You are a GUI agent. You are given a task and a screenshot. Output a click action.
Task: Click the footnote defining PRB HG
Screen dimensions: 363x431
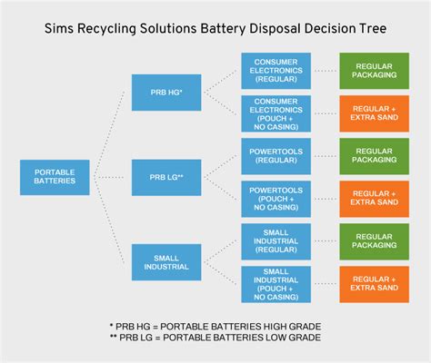pyautogui.click(x=215, y=324)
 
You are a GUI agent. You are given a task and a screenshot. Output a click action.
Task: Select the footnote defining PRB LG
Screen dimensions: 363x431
pyautogui.click(x=215, y=338)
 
